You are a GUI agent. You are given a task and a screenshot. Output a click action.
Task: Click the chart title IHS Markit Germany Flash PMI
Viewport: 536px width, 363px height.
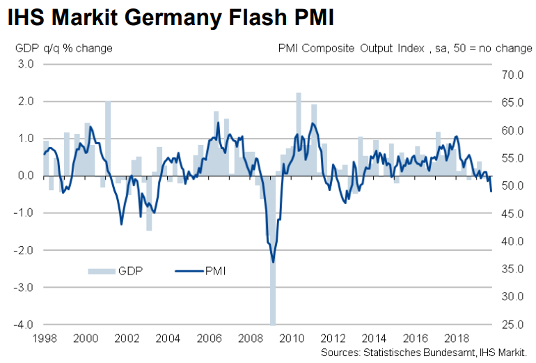(171, 17)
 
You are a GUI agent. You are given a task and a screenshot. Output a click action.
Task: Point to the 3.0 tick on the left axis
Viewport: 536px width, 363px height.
(26, 64)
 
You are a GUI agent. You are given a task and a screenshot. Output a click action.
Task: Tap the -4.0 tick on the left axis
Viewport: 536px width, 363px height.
(24, 325)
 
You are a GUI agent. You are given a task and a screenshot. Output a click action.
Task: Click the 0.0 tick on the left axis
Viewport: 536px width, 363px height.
(26, 176)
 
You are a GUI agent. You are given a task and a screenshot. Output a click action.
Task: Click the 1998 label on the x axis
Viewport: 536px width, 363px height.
(43, 338)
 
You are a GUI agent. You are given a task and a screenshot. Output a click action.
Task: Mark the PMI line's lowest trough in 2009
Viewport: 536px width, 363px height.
(273, 262)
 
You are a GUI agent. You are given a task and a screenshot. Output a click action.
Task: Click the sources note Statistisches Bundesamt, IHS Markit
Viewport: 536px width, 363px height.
(427, 353)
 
